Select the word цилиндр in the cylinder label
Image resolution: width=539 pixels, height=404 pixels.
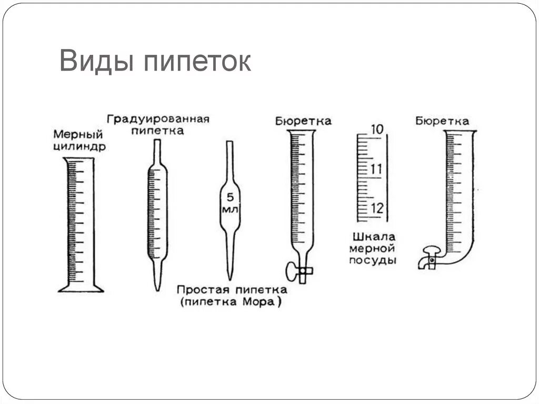tap(79, 147)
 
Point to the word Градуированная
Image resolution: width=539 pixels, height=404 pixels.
tap(158, 118)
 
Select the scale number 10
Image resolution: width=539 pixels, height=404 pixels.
tap(376, 129)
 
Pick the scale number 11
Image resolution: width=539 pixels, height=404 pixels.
tap(376, 170)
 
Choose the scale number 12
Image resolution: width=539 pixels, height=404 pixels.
tap(377, 208)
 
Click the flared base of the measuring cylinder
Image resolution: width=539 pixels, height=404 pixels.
tap(80, 287)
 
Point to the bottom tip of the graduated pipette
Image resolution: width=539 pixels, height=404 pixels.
tap(157, 287)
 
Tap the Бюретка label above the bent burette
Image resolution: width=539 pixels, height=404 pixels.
tap(442, 122)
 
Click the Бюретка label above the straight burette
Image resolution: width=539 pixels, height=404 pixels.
tap(303, 122)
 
